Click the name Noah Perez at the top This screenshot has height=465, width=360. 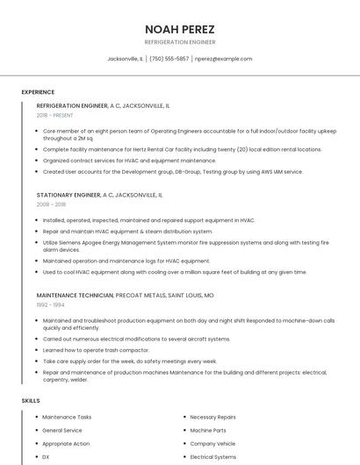point(179,29)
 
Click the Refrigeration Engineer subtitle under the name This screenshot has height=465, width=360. point(179,42)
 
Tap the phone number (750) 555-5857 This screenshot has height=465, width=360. point(169,59)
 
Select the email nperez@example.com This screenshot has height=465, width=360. point(223,59)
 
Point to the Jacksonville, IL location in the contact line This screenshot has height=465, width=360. point(125,59)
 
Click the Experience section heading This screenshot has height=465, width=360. point(38,92)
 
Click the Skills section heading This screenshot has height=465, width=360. point(31,401)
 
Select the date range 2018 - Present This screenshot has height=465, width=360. point(54,115)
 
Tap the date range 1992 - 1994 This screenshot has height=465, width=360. point(49,305)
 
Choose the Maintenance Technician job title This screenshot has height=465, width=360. point(76,296)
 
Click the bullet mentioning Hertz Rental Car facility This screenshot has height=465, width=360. point(182,149)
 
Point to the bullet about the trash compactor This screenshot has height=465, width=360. point(97,349)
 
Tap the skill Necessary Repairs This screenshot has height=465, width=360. point(212,418)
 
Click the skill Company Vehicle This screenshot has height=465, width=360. point(212,444)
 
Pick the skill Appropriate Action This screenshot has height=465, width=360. point(66,444)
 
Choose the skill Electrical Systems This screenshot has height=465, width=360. point(212,457)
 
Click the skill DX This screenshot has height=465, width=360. point(46,457)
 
